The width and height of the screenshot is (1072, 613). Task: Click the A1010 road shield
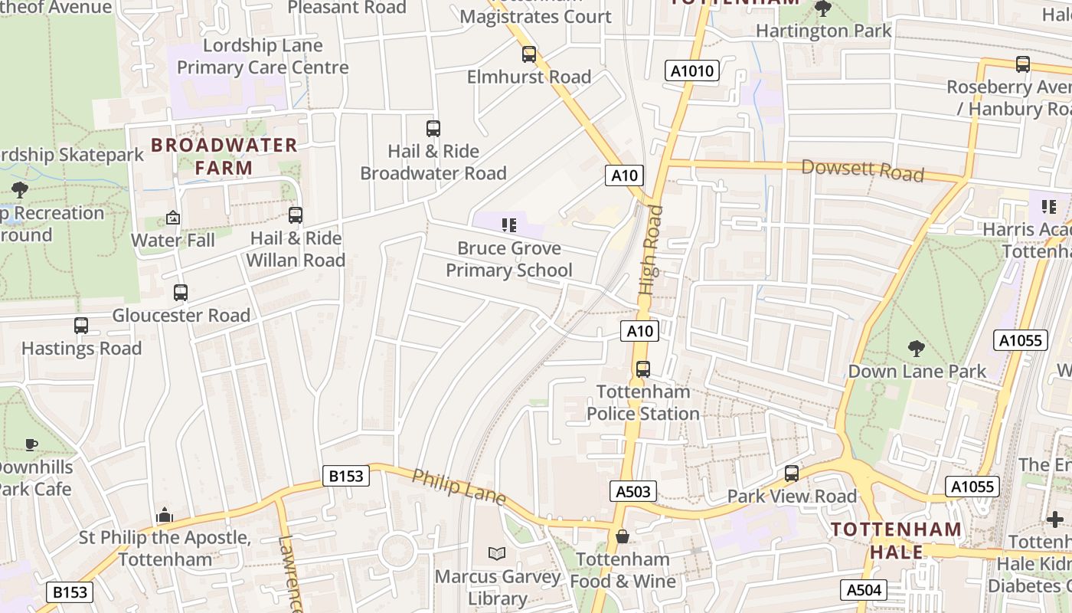[x=692, y=71]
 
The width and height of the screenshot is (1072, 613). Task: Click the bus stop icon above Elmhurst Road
[x=529, y=54]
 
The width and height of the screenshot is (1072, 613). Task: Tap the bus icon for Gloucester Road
[x=181, y=293]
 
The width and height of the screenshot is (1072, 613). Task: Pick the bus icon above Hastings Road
[x=81, y=326]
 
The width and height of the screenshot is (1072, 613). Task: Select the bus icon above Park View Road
[x=792, y=474]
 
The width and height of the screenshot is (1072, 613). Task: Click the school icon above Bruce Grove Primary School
[x=509, y=225]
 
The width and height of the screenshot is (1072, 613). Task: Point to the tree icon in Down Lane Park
[x=917, y=349]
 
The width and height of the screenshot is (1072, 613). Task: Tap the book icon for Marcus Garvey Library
[x=497, y=553]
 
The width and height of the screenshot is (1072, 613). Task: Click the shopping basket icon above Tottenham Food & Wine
[x=623, y=536]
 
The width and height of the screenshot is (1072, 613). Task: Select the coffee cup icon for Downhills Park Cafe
[x=31, y=444]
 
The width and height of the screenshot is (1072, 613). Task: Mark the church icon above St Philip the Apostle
[x=165, y=516]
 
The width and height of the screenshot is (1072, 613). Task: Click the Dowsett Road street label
[x=862, y=170]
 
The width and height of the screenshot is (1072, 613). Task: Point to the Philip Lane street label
[x=459, y=487]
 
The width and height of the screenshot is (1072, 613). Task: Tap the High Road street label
[x=650, y=251]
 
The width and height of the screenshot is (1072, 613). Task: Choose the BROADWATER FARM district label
[x=224, y=156]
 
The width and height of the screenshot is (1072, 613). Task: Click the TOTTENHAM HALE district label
[x=896, y=540]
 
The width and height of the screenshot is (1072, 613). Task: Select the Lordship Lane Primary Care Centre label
[x=263, y=57]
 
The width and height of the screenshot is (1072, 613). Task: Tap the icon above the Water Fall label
[x=173, y=218]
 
